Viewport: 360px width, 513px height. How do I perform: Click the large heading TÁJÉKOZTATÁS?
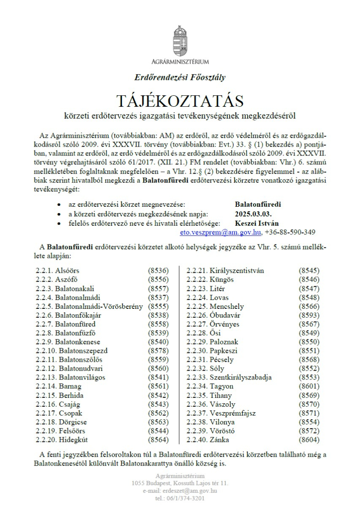[180, 101]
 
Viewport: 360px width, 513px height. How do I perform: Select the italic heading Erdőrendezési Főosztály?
[180, 78]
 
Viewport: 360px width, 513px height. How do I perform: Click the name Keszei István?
[257, 223]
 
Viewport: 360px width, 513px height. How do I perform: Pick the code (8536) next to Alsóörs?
[158, 271]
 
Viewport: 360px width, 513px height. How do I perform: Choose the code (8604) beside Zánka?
[309, 440]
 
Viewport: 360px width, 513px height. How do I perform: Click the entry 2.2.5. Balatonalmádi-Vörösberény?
[89, 306]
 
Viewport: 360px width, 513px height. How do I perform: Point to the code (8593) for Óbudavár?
[309, 315]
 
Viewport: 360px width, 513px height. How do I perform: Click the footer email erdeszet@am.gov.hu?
[180, 491]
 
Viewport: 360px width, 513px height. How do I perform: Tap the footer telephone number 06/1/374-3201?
[180, 498]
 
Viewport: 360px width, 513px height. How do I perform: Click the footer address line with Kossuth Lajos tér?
[180, 483]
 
